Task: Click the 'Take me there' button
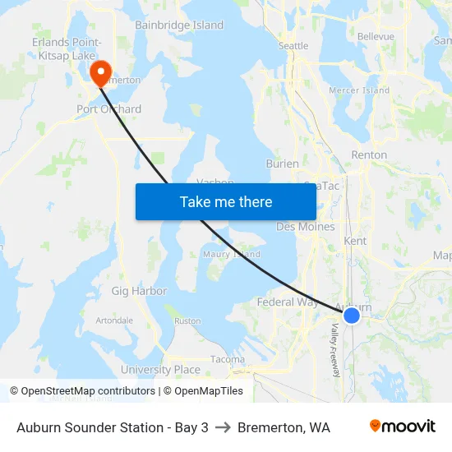pos(226,201)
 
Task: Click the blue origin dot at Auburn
pos(352,316)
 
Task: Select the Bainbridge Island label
pos(179,25)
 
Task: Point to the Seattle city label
pos(293,46)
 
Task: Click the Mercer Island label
pos(359,90)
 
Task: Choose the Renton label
pos(369,155)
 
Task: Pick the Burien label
pos(283,164)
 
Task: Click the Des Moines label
pos(306,227)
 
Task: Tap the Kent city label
pos(356,241)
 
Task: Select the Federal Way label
pos(288,302)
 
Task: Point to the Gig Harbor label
pos(139,291)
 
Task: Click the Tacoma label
pos(228,359)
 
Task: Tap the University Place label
pos(160,370)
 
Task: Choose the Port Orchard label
pos(108,108)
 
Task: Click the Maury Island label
pos(232,255)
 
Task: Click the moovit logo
pos(403,427)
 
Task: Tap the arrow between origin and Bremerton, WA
pos(223,427)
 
